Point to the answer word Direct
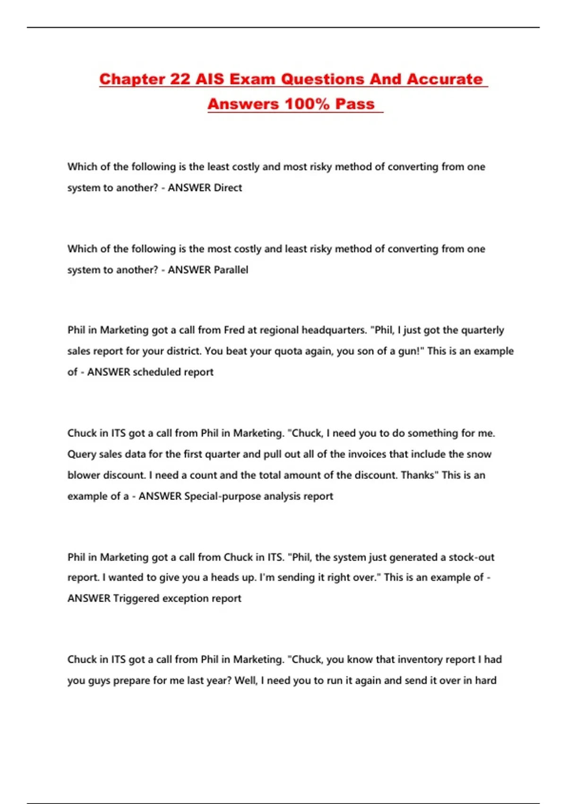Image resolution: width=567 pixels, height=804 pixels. point(228,188)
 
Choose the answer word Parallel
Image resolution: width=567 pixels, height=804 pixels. point(231,270)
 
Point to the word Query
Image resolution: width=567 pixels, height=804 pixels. point(82,454)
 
